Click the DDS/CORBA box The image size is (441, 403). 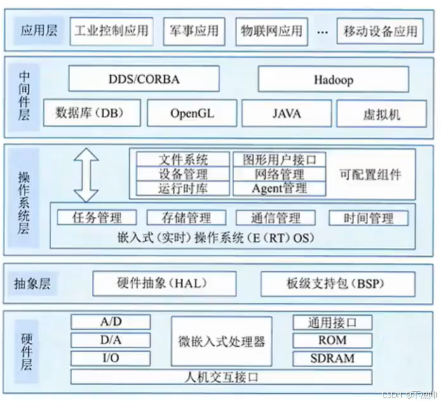pos(143,79)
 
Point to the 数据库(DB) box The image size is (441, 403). pos(93,112)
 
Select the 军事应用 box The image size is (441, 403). pos(194,32)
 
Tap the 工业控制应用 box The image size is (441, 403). pos(112,32)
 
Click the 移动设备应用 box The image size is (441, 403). pos(381,32)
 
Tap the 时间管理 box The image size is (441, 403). pos(368,218)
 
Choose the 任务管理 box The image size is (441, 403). pos(97,218)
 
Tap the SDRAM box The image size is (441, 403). pos(332,358)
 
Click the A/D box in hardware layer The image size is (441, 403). pos(111,323)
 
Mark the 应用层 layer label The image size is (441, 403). pos(39,32)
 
